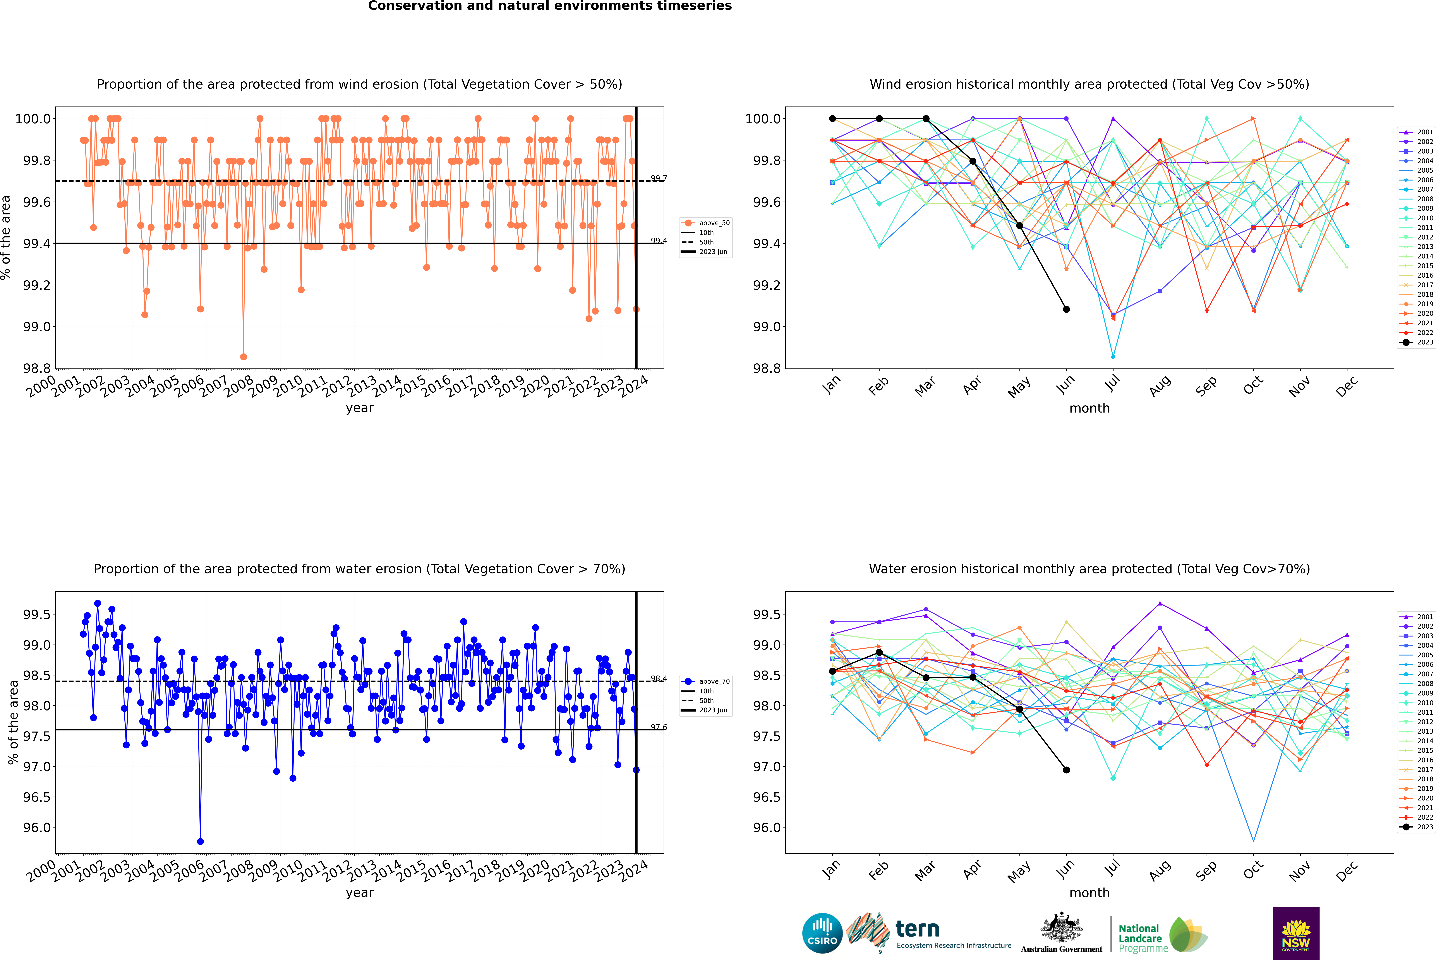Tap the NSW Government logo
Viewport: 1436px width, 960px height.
[1296, 933]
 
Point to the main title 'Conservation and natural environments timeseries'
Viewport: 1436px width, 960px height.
[550, 6]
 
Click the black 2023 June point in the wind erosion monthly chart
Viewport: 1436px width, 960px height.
[1066, 309]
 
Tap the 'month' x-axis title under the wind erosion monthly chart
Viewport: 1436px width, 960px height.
[1089, 408]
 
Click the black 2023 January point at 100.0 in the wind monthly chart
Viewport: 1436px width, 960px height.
[832, 119]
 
